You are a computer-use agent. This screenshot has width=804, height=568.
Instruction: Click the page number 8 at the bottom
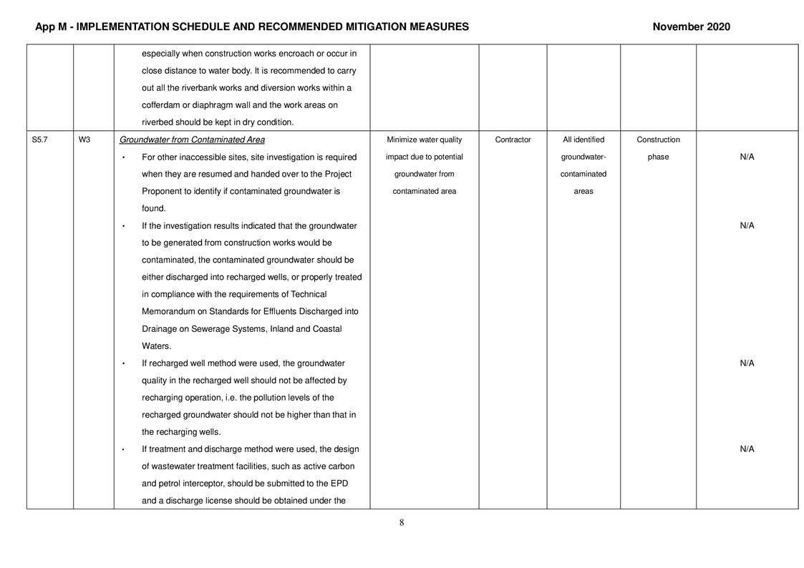click(402, 522)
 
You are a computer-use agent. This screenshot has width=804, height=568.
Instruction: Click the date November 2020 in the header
click(691, 27)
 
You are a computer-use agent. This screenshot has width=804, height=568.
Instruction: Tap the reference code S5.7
click(40, 139)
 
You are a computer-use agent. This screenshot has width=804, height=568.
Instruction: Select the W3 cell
click(84, 139)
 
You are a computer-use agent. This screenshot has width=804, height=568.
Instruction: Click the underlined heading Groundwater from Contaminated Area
click(192, 139)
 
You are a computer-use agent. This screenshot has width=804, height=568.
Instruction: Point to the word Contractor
click(513, 139)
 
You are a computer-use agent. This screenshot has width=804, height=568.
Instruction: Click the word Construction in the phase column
click(658, 139)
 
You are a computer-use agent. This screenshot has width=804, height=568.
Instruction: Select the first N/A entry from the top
click(747, 157)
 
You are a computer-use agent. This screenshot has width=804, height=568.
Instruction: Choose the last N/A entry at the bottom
click(747, 449)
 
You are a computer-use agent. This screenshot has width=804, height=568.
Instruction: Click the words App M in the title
click(54, 27)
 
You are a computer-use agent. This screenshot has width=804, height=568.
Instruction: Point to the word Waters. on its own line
click(156, 346)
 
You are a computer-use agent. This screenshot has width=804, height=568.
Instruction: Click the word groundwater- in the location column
click(583, 157)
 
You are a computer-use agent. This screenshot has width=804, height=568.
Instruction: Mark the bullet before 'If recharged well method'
click(124, 364)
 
